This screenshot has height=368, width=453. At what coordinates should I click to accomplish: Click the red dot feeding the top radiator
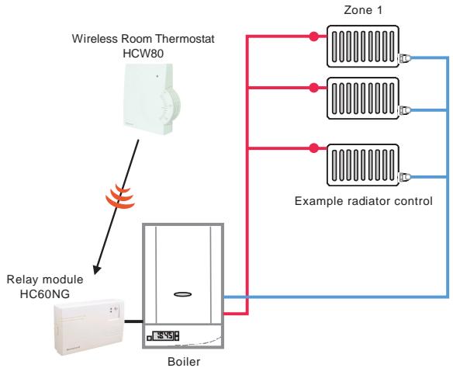pyautogui.click(x=313, y=36)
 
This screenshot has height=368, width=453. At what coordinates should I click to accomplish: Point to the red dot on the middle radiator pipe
pyautogui.click(x=313, y=87)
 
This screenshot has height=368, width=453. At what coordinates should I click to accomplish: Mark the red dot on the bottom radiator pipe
pyautogui.click(x=313, y=146)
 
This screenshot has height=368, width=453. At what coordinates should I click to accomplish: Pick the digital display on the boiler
pyautogui.click(x=164, y=337)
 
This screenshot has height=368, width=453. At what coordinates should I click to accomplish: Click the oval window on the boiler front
pyautogui.click(x=184, y=294)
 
